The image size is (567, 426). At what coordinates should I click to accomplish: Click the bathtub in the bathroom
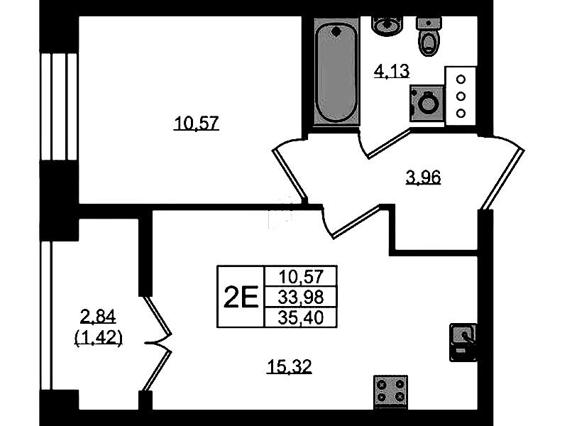click(336, 72)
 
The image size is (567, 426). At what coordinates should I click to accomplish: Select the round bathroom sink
click(387, 25)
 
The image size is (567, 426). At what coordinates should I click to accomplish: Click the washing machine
click(426, 103)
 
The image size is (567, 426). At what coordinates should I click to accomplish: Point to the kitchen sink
click(463, 342)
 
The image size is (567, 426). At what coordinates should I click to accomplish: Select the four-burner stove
click(390, 392)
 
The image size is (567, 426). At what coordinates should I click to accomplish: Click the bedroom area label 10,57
click(197, 124)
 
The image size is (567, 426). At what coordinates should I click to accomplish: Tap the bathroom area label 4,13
click(391, 71)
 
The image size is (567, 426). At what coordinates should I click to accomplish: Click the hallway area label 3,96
click(423, 177)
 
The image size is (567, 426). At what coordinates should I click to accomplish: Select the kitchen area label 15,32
click(290, 366)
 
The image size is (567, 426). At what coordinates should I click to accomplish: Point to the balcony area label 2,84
click(98, 317)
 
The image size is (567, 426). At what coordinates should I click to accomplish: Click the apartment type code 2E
click(241, 297)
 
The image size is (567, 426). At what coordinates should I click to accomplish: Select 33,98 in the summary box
click(301, 297)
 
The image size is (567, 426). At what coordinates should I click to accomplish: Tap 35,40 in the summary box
click(301, 318)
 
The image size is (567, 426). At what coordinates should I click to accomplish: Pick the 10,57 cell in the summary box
click(301, 277)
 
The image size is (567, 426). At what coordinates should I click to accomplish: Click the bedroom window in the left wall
click(59, 106)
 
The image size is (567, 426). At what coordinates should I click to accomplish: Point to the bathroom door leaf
click(389, 144)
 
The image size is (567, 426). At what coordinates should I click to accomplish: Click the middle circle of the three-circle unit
click(461, 97)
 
